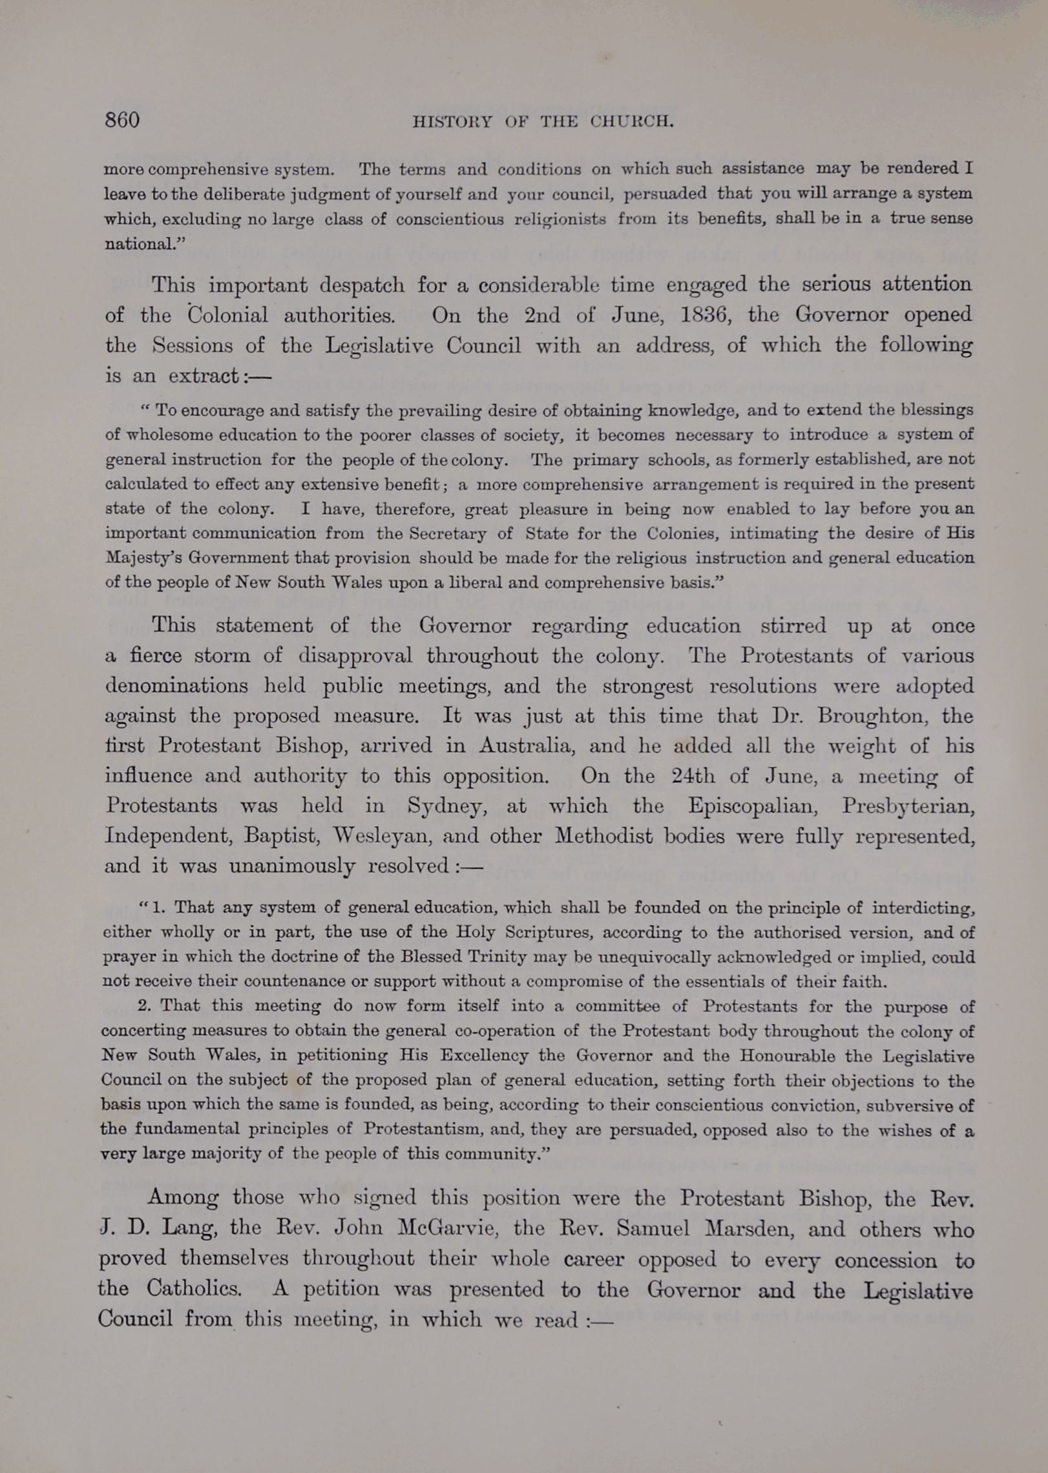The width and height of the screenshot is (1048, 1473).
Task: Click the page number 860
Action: [122, 121]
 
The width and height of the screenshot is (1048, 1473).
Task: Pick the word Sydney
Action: [446, 806]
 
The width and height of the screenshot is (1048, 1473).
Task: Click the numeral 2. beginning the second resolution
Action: [145, 1006]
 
